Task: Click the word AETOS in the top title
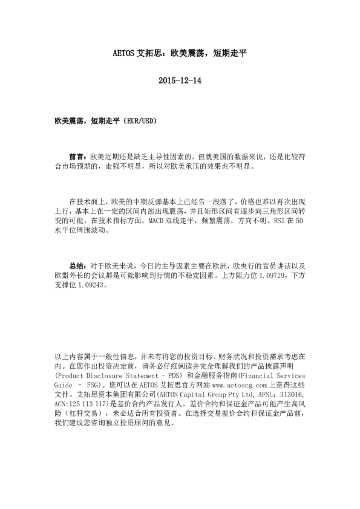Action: coord(126,53)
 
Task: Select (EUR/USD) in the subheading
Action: coord(141,120)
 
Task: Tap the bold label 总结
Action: coord(77,265)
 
